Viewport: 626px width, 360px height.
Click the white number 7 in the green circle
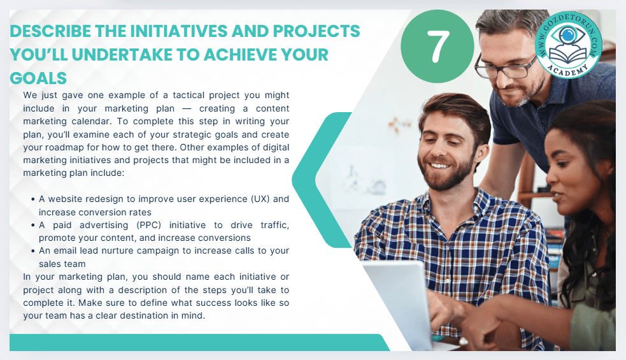coord(438,47)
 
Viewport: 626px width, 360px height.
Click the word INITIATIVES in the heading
coord(178,31)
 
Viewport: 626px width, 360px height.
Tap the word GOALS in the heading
coord(38,78)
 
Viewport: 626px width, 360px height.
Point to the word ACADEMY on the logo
coord(567,69)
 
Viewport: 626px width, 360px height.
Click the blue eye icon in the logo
coord(567,35)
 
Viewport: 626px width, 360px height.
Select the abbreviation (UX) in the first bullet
coord(260,199)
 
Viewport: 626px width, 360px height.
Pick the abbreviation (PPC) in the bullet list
coord(149,225)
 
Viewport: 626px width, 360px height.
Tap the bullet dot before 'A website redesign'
coord(32,199)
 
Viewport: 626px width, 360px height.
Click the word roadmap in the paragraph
coord(64,147)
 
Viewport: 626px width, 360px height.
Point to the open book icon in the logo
coord(567,54)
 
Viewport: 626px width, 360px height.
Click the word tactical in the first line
coord(189,95)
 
